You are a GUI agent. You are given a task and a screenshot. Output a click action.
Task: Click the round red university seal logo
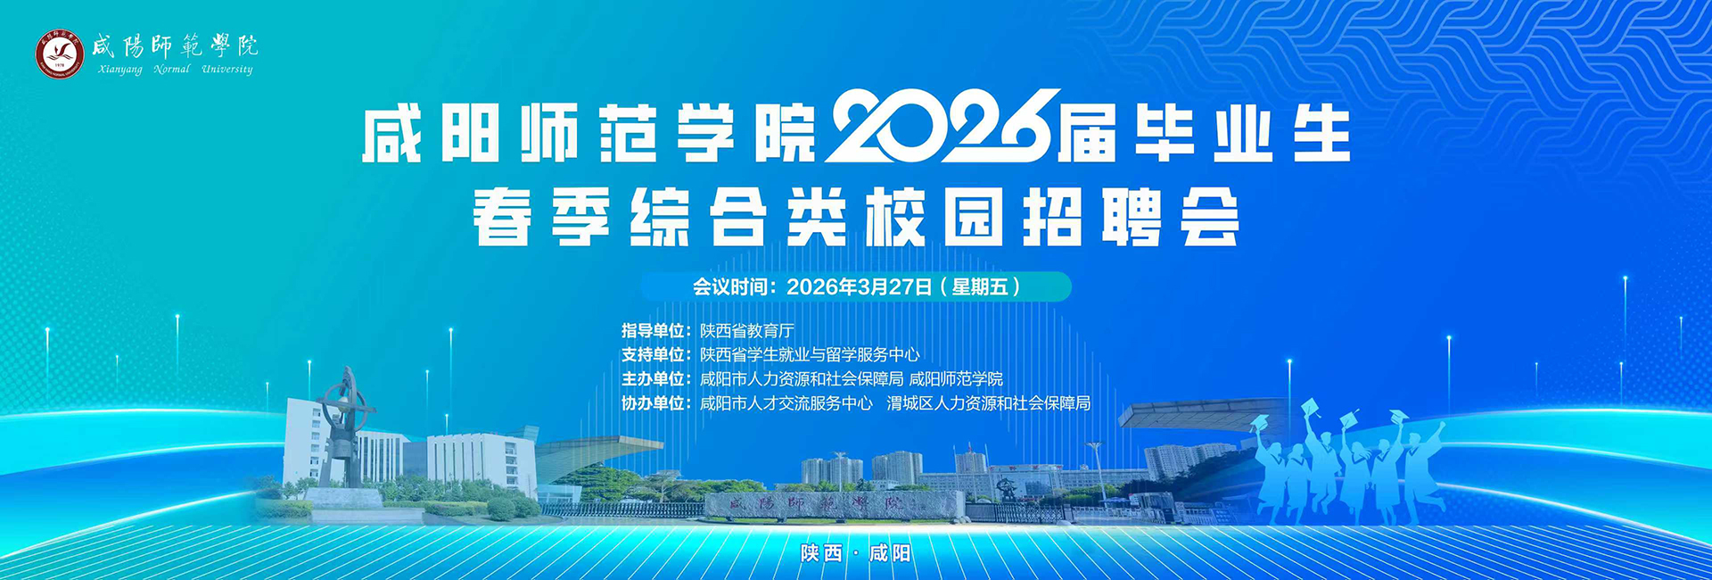60,54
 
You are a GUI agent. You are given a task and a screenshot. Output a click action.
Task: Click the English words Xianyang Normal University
176,69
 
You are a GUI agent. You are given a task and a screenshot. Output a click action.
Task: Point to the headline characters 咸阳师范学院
589,134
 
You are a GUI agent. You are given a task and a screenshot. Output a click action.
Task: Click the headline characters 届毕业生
1204,134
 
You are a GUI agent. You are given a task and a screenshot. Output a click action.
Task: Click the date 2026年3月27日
860,286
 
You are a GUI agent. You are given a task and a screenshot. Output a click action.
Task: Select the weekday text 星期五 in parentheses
980,286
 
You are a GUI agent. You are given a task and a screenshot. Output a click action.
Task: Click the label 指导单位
653,331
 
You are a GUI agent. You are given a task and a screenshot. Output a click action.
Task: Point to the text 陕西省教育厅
747,331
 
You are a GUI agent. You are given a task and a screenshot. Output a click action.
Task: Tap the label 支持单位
653,355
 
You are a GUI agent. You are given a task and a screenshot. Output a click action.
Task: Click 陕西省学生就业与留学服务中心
810,355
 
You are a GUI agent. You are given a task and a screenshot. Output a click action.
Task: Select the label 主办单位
653,379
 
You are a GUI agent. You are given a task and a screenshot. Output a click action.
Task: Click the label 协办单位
653,403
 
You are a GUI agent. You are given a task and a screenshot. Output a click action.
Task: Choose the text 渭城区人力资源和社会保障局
989,403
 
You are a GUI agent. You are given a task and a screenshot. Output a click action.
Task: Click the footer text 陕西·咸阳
856,553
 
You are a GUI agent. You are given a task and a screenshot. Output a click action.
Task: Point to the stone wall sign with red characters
816,505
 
